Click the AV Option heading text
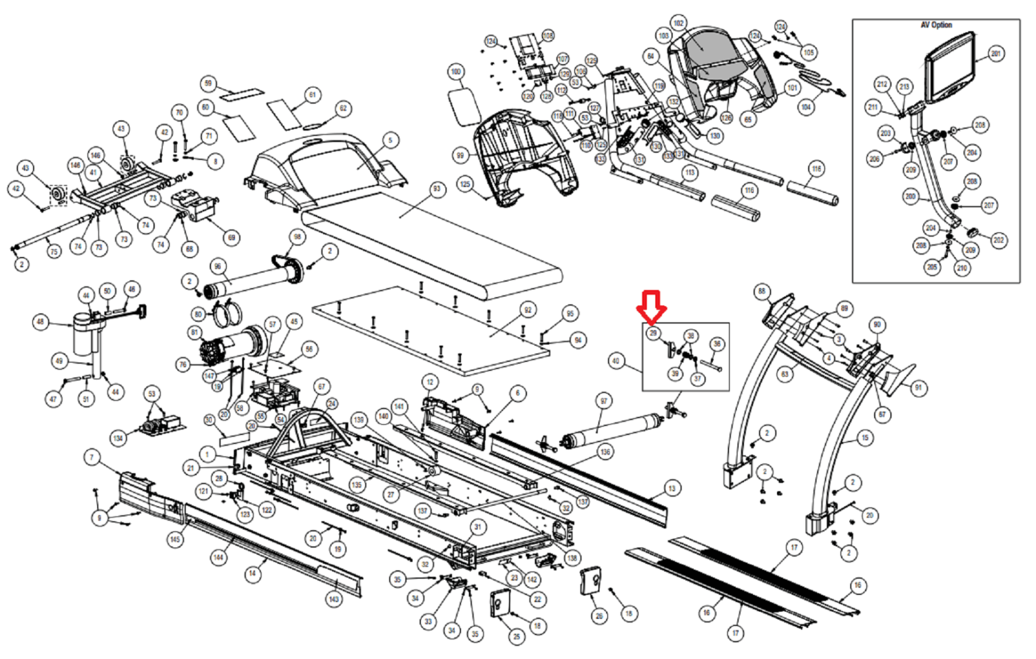tap(936, 25)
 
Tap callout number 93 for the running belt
tap(437, 189)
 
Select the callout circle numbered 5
tap(390, 140)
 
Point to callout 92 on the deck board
tap(528, 310)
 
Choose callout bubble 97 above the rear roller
tap(603, 401)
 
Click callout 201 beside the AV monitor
tap(996, 54)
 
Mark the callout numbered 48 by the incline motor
tap(41, 322)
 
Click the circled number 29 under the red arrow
tap(653, 333)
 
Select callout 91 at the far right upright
tap(918, 388)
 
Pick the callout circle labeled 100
tap(456, 71)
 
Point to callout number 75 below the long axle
tap(54, 251)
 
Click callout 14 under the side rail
tap(253, 573)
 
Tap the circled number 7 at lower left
tap(91, 458)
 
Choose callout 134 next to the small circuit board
tap(118, 438)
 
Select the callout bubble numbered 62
tap(343, 108)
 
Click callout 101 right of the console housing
tap(792, 87)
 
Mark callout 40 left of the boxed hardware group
tap(615, 361)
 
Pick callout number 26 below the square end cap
tap(599, 616)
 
